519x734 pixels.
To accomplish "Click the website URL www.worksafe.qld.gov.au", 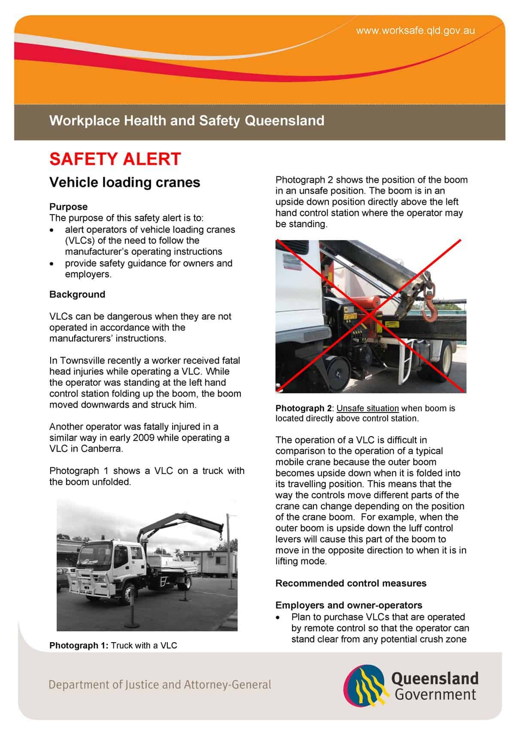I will pos(415,30).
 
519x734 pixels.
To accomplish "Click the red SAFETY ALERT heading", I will pos(115,159).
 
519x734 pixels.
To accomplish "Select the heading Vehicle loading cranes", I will pos(124,182).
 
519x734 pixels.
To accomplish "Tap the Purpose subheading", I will pos(68,206).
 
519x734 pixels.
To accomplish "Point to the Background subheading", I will pos(77,294).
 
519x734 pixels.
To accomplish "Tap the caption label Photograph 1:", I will pos(79,645).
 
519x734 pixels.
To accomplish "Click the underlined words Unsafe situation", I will pos(367,408).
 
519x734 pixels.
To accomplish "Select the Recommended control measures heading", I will pos(351,583).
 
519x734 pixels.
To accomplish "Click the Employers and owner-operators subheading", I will pos(349,605).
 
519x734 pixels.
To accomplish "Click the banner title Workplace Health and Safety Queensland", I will pos(187,121).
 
